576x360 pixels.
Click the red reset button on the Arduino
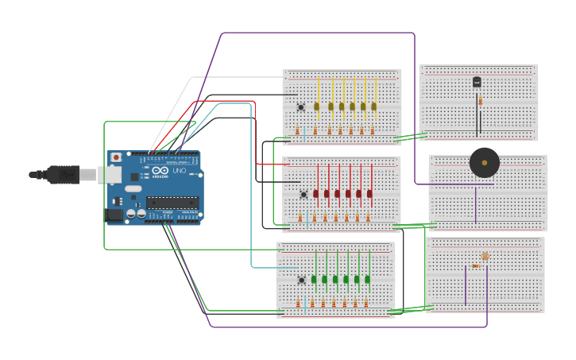(116, 157)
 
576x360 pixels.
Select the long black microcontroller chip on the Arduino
(172, 203)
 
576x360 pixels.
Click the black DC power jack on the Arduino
(114, 214)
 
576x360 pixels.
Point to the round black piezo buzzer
(485, 162)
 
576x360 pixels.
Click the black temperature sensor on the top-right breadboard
(477, 82)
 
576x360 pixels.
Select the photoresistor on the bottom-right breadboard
(485, 256)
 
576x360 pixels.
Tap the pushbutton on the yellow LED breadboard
(301, 107)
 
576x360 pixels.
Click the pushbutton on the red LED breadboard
(303, 194)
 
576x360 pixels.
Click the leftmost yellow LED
(316, 106)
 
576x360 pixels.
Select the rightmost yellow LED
(373, 106)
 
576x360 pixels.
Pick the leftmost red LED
(316, 193)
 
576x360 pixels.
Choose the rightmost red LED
(369, 193)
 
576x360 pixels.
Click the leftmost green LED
(315, 279)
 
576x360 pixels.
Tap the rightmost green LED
(368, 279)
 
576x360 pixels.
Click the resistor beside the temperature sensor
(480, 101)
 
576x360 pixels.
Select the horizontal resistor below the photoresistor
(475, 266)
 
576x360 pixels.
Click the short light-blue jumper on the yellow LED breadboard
(303, 133)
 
